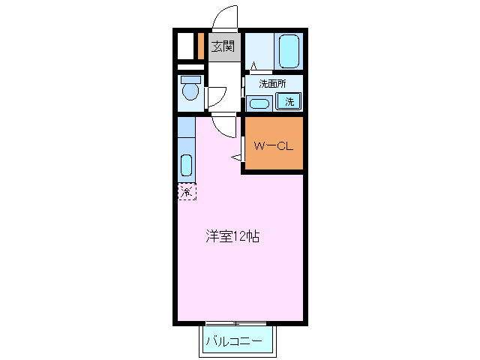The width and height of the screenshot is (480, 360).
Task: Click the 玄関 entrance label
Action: [223, 46]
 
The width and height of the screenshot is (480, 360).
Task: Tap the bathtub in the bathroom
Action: [289, 50]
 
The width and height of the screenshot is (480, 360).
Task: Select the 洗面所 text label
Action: [272, 83]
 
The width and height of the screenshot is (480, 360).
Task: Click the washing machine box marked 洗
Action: [289, 101]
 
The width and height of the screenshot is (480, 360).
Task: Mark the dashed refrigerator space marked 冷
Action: [187, 192]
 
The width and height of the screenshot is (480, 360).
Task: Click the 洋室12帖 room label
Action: [233, 237]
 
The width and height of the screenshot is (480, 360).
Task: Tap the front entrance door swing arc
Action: [224, 16]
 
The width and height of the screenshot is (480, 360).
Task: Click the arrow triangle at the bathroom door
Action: [253, 67]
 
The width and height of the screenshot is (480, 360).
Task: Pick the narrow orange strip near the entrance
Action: [201, 46]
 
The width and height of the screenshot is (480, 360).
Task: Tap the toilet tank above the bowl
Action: [190, 79]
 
